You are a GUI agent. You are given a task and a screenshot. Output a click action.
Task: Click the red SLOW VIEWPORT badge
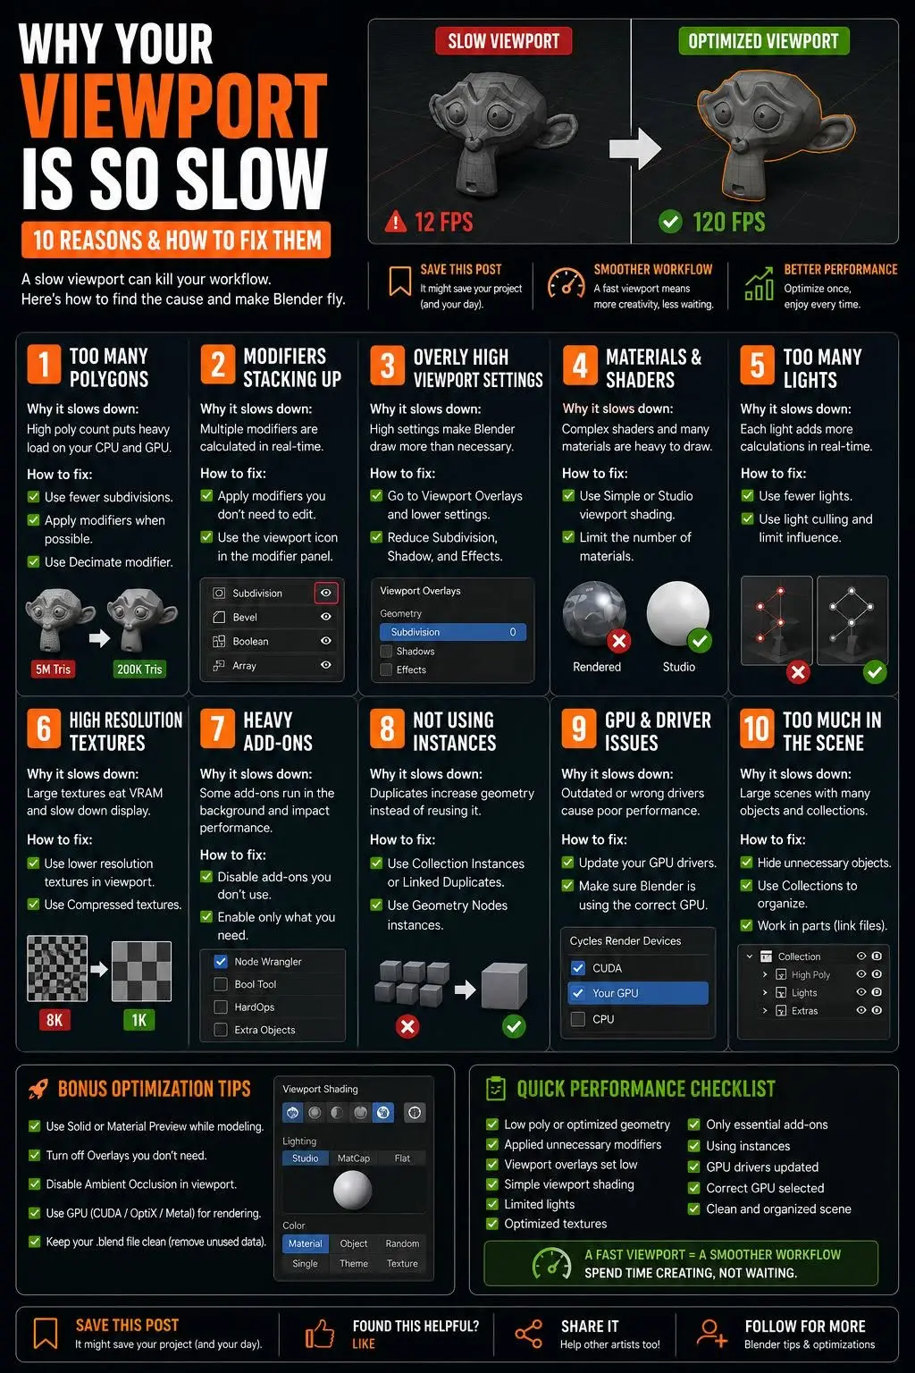click(503, 41)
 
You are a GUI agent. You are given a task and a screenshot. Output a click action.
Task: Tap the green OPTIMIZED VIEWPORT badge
click(764, 41)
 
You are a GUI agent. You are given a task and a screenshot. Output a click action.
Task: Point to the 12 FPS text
click(444, 222)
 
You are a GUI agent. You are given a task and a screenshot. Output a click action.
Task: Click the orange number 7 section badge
click(217, 729)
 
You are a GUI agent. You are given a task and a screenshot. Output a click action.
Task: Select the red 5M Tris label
click(53, 669)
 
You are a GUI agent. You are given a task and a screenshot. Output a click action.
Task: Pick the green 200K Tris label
click(139, 669)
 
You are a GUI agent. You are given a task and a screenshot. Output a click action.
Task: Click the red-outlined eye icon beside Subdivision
click(326, 593)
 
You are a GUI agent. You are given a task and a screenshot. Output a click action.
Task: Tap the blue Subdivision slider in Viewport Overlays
click(453, 632)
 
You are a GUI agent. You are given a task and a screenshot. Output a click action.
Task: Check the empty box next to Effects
click(386, 670)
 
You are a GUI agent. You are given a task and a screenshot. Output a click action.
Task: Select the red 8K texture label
click(55, 1020)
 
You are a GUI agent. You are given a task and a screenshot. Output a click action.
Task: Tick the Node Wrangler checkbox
click(221, 961)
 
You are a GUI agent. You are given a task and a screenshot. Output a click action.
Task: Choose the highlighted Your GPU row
click(638, 993)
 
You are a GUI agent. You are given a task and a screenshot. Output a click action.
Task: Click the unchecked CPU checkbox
click(577, 1019)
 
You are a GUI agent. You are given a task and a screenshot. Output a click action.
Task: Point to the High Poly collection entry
click(810, 974)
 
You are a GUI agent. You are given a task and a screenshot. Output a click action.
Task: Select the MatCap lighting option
click(354, 1158)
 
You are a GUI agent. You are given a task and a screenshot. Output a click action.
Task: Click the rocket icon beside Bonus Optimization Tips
click(38, 1090)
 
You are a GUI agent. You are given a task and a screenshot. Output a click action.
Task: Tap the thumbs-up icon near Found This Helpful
click(319, 1334)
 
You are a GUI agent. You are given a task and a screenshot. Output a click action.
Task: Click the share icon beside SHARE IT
click(528, 1334)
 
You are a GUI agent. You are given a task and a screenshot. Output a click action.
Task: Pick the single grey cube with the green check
click(504, 986)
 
